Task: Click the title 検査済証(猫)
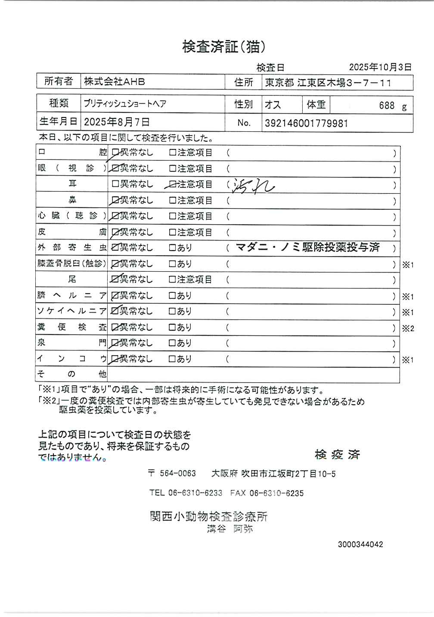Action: click(223, 47)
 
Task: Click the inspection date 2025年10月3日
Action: click(380, 67)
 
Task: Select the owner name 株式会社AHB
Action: click(115, 81)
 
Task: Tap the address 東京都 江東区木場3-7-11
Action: click(328, 83)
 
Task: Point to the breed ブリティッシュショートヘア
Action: click(125, 104)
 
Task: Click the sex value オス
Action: click(273, 105)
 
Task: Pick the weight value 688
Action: click(387, 105)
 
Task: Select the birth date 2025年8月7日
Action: click(117, 122)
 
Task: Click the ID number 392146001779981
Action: click(306, 124)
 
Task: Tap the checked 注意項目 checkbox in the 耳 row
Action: click(172, 185)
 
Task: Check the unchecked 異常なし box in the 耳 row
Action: click(115, 184)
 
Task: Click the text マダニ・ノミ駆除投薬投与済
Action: click(308, 247)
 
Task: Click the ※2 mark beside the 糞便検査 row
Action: click(408, 329)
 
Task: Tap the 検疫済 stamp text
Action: click(337, 454)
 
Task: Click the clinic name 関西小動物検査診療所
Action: click(209, 516)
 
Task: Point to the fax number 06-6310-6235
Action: click(276, 493)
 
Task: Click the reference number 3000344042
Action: click(360, 544)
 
